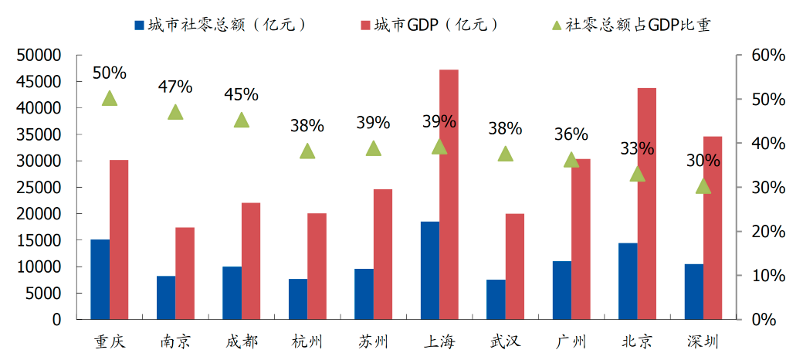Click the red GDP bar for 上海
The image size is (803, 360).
click(449, 194)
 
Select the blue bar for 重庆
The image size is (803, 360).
click(100, 279)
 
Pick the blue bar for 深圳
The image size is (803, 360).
click(693, 291)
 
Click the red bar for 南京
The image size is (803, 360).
click(185, 273)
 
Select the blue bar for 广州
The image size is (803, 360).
click(561, 290)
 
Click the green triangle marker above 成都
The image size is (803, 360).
click(242, 120)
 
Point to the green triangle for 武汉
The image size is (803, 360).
click(505, 154)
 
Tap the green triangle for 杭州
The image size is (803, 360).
click(307, 151)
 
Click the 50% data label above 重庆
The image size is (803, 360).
click(109, 73)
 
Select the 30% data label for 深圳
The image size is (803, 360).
click(703, 161)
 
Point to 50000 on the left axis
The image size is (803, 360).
click(39, 56)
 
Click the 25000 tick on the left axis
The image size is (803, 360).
click(39, 188)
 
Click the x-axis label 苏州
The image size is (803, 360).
click(374, 341)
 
